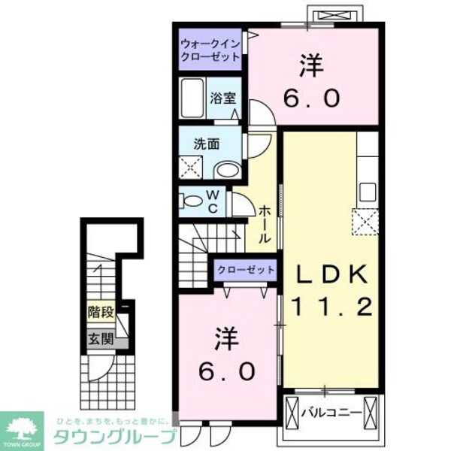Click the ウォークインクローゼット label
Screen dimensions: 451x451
[x=210, y=50]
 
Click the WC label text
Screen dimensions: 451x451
[x=213, y=202]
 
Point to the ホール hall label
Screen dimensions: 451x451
[x=265, y=224]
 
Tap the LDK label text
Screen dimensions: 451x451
[x=330, y=275]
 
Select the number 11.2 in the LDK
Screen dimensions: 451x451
[x=330, y=307]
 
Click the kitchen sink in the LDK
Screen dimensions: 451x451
[x=367, y=191]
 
